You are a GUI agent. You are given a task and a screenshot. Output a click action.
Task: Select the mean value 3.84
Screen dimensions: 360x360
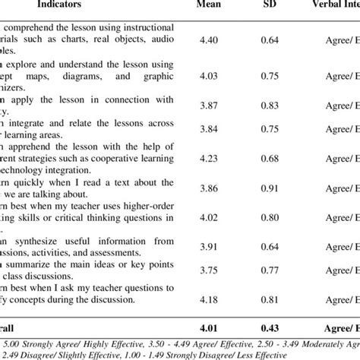point(209,129)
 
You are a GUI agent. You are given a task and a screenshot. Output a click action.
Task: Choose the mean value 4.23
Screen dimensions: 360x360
point(209,159)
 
